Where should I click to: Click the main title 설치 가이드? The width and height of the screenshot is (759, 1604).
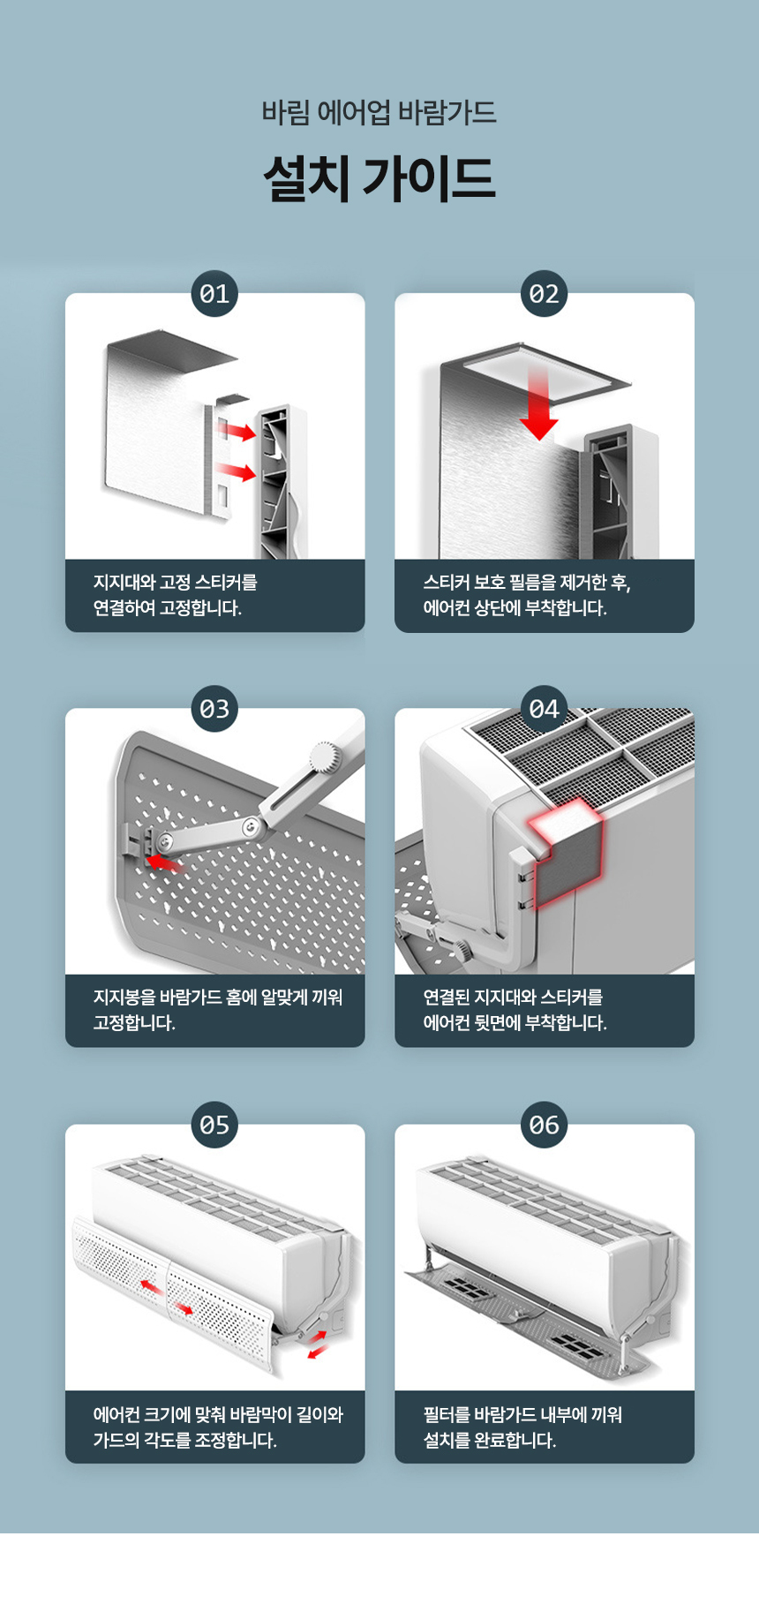tap(379, 178)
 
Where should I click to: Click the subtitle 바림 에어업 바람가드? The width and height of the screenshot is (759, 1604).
tap(379, 113)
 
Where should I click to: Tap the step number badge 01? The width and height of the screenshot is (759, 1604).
tap(214, 294)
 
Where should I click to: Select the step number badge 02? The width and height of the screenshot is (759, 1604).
tap(545, 294)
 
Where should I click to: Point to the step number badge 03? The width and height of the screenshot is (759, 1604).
tap(214, 709)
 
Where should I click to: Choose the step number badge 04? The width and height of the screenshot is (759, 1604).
tap(545, 709)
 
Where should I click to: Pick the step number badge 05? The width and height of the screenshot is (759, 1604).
tap(214, 1125)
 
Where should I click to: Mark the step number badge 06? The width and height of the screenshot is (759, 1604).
tap(545, 1125)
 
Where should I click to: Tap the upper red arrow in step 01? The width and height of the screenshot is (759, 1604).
tap(237, 431)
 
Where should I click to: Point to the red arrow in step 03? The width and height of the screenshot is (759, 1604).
tap(162, 861)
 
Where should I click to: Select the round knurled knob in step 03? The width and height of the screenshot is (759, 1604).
tap(324, 758)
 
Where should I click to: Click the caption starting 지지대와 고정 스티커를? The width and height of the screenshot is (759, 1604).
tap(176, 595)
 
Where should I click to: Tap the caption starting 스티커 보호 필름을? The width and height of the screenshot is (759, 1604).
tap(527, 595)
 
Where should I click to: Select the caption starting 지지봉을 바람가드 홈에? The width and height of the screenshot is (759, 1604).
tap(218, 1010)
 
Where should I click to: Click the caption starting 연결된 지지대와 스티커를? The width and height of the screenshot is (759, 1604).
tap(515, 1010)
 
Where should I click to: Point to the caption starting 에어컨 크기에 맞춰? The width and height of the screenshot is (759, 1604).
tap(218, 1427)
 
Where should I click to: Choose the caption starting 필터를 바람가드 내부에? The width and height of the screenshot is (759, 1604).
tap(522, 1427)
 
